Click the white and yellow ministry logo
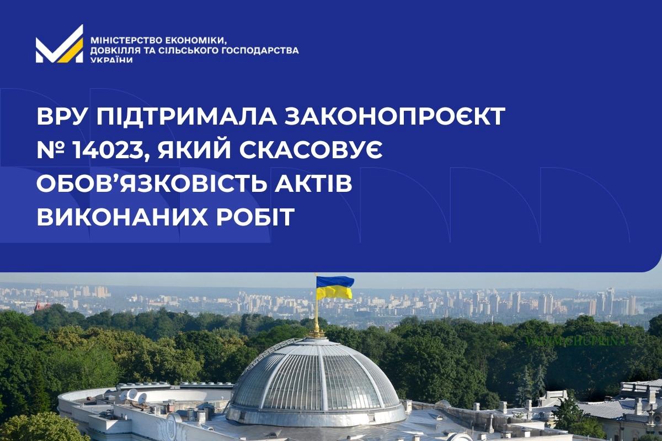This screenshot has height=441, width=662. click(60, 44)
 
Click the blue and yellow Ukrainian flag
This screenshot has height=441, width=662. click(335, 288)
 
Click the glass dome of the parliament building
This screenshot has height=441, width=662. click(316, 380)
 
